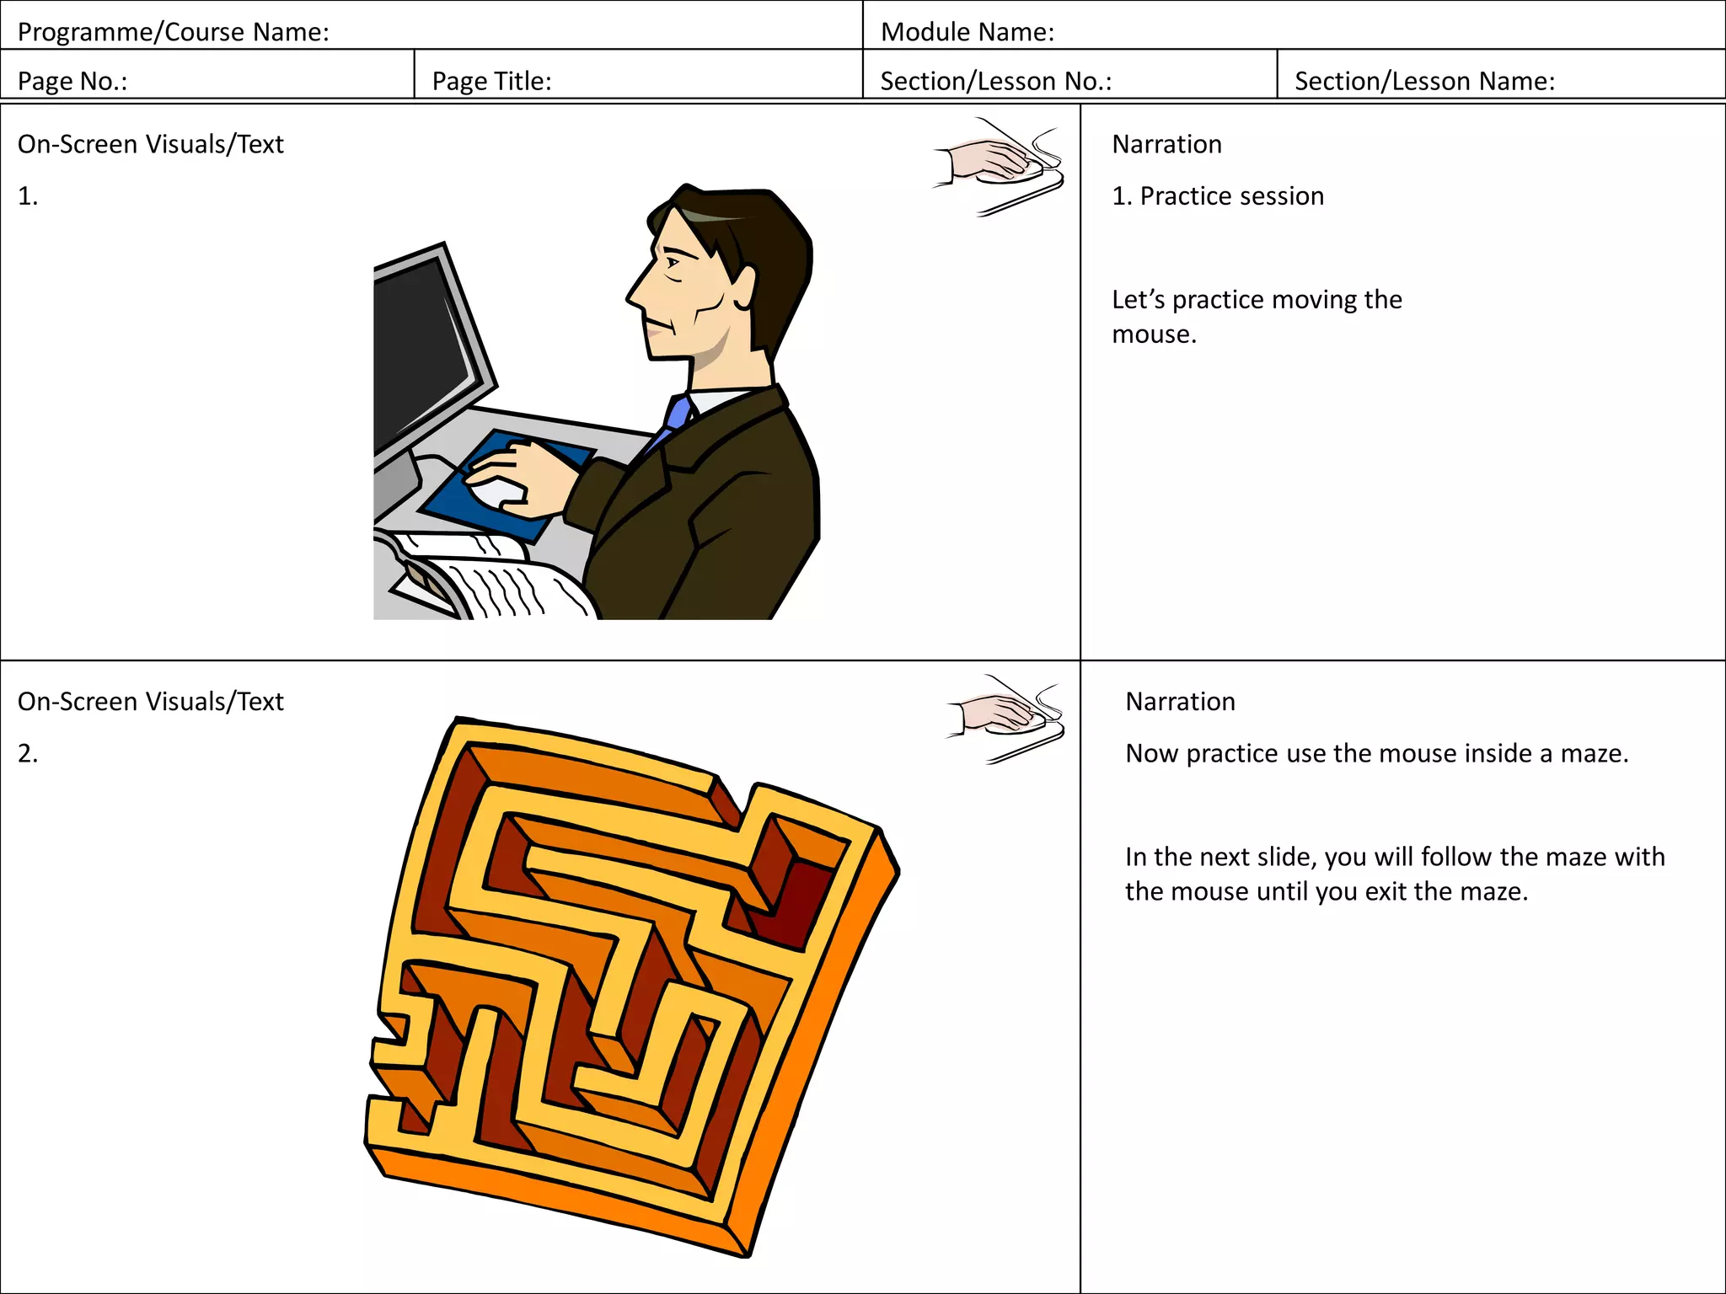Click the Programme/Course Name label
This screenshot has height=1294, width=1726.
(173, 32)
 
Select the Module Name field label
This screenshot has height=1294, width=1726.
(967, 32)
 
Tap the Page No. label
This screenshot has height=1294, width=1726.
(72, 81)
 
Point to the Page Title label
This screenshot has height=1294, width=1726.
(491, 81)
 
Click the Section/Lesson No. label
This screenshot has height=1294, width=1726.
(995, 81)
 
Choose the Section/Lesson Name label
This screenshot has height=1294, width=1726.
(1424, 81)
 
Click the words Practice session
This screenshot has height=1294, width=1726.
(1231, 196)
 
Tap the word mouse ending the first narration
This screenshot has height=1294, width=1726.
(1153, 334)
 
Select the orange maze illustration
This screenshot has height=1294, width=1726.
(632, 986)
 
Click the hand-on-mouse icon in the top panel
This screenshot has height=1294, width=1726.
(1000, 165)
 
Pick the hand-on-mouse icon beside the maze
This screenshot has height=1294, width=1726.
(1007, 719)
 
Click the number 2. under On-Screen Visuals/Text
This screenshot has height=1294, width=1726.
(28, 753)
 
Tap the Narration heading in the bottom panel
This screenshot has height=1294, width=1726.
(1180, 702)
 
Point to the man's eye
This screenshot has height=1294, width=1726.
(673, 263)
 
